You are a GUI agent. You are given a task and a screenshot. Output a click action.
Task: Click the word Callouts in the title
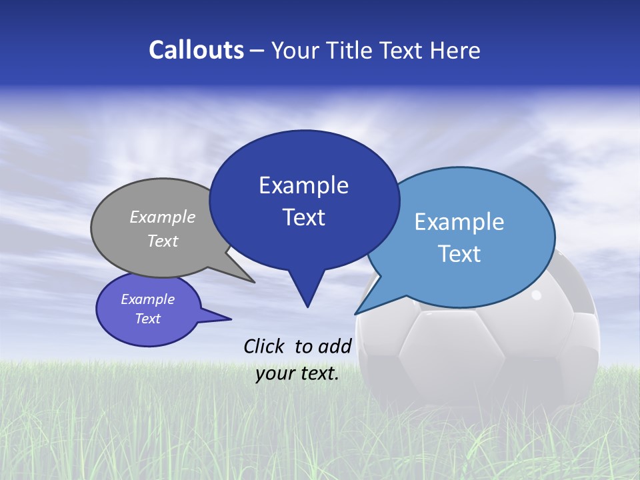[196, 50]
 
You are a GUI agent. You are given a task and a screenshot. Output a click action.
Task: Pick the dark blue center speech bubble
[304, 200]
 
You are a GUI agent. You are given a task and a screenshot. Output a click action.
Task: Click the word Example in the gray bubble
[163, 217]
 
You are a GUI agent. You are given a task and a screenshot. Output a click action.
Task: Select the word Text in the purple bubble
[148, 319]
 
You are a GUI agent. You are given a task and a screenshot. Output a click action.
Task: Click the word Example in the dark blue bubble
[304, 185]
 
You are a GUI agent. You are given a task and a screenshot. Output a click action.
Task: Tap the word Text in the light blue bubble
[460, 254]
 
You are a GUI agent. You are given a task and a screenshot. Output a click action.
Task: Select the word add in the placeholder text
[335, 346]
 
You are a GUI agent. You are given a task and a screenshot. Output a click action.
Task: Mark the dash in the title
[257, 50]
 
